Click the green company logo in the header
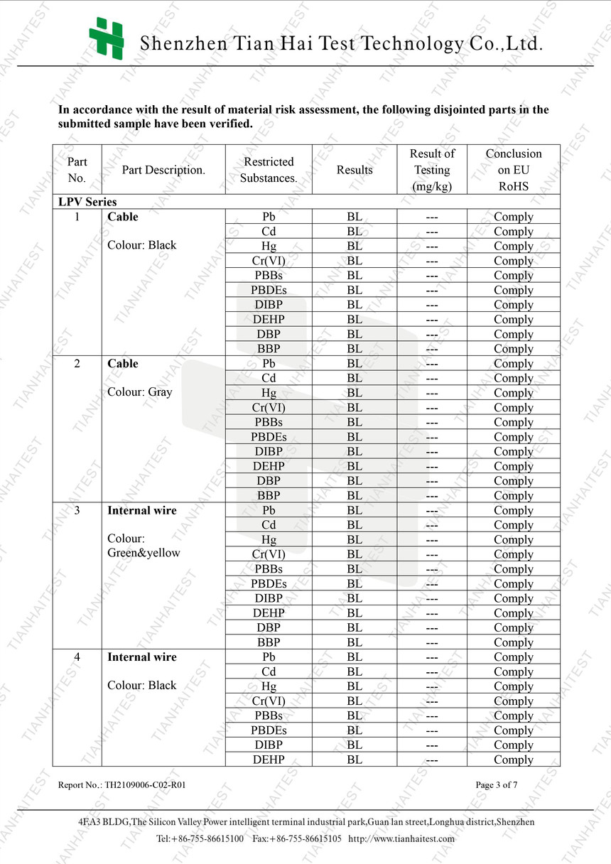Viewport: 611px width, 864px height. coord(106,38)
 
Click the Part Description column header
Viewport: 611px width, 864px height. coord(163,170)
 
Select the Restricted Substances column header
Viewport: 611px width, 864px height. coord(269,170)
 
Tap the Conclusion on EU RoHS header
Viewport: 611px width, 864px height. coord(513,170)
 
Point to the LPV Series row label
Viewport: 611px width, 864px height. coord(87,202)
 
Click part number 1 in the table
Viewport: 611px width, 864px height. coord(77,217)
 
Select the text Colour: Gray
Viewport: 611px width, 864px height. coord(139,391)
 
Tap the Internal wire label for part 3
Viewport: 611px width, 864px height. coord(142,510)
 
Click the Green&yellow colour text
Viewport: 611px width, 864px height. coord(144,553)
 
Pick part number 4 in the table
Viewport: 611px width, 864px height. coord(77,657)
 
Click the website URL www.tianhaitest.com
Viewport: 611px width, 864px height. coord(401,838)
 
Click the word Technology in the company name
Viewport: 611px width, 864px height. coord(412,44)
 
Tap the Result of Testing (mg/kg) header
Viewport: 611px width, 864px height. coord(432,170)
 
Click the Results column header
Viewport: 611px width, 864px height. coord(355,170)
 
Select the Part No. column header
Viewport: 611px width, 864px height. coord(77,170)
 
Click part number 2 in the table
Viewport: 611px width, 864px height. coord(77,363)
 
